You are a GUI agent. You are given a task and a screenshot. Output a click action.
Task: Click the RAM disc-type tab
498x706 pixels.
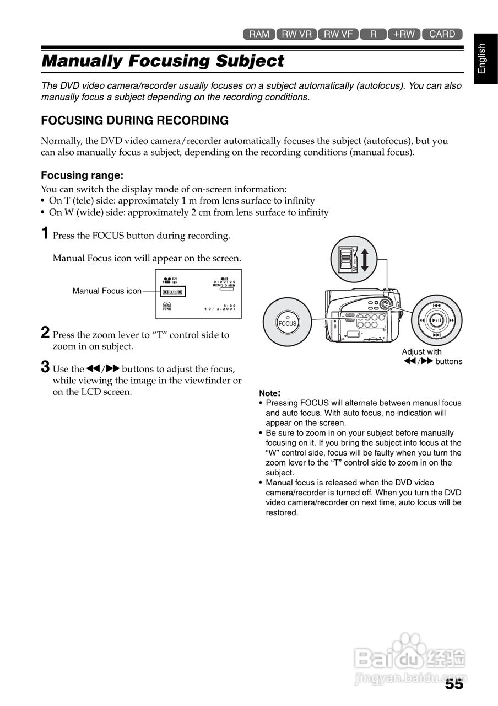[x=259, y=34]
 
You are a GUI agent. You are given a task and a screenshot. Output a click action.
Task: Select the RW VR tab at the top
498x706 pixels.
[x=296, y=34]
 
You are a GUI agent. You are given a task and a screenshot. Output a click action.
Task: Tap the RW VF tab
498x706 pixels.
[x=338, y=34]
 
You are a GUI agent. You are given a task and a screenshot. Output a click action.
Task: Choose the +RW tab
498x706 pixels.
[x=404, y=34]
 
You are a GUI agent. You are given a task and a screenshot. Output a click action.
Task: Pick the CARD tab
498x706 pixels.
[x=442, y=34]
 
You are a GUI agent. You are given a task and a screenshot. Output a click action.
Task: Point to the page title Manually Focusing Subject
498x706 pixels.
[x=163, y=61]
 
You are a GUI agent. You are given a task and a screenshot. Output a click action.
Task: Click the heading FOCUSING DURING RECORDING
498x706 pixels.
[x=135, y=120]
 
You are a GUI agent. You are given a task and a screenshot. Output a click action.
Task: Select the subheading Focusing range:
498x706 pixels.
[x=82, y=175]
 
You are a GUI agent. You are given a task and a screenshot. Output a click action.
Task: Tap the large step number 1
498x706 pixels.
[x=46, y=233]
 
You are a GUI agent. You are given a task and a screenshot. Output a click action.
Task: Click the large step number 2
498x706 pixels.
[x=46, y=333]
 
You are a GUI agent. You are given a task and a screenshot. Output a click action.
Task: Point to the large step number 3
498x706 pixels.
[x=46, y=367]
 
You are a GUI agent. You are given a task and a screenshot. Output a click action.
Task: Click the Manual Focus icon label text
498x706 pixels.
[x=107, y=291]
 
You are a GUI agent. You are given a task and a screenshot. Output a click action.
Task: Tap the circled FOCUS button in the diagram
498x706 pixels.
[x=287, y=324]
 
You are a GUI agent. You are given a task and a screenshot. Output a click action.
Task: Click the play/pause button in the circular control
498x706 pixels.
[x=437, y=320]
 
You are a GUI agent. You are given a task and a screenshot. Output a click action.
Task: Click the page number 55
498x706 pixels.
[x=454, y=684]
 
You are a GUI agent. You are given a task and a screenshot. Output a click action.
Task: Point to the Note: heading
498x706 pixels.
[x=270, y=393]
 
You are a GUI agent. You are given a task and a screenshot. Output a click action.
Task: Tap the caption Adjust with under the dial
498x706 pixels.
[x=421, y=352]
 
